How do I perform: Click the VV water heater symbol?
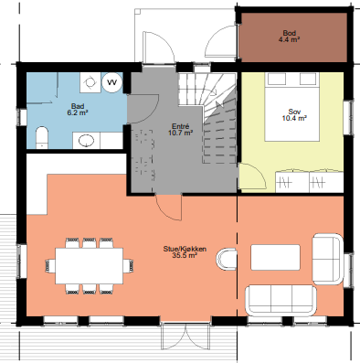coord(111,82)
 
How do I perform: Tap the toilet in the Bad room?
coord(40,139)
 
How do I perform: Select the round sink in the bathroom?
coord(86,140)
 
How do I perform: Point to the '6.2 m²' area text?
coord(79,113)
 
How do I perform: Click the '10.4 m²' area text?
coord(293,118)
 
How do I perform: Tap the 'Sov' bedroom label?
coord(293,111)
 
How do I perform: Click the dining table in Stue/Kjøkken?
coord(89,264)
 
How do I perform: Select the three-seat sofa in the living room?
coord(282,296)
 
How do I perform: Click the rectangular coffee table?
coord(280,256)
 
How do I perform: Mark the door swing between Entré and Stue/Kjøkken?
coord(168,208)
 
